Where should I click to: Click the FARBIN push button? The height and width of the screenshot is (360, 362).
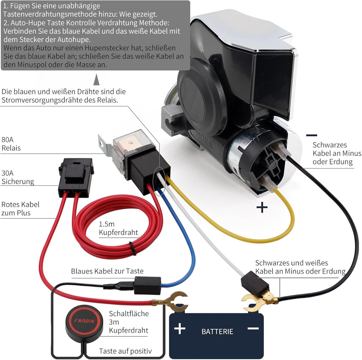(84, 321)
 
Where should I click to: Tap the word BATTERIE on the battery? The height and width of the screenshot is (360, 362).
(217, 332)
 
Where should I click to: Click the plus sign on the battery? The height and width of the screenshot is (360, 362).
(180, 329)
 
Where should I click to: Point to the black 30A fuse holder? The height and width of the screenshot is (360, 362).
(76, 177)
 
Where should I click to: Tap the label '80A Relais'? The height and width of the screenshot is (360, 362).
(11, 144)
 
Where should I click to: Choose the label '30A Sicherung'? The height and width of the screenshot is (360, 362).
(18, 177)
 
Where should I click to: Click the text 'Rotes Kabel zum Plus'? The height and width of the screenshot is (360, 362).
(20, 209)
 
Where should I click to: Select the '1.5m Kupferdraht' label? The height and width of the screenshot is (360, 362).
(118, 228)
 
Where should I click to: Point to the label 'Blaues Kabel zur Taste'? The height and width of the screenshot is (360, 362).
(107, 271)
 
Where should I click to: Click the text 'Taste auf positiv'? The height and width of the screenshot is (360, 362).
(125, 351)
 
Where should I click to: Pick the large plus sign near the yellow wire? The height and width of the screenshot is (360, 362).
(262, 207)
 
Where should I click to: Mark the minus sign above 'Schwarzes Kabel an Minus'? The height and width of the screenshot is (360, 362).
(312, 135)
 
